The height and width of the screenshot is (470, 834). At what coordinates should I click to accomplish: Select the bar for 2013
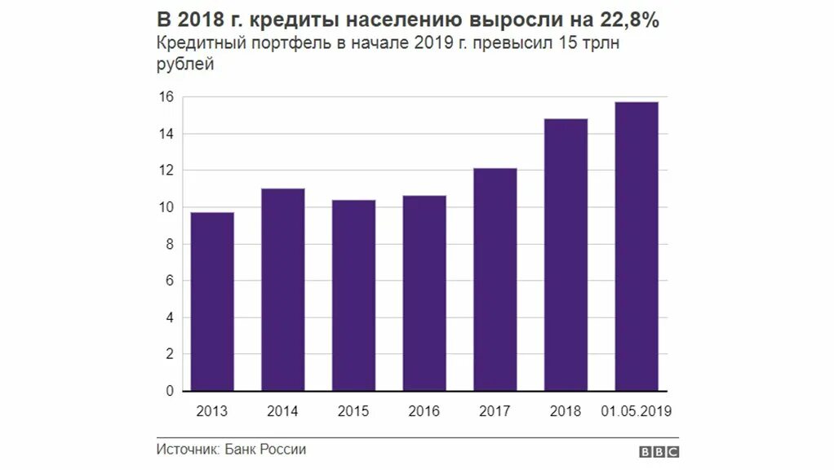point(212,302)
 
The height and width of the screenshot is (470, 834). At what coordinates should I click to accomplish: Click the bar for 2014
point(282,290)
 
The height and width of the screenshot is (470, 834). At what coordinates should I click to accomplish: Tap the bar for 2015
point(353,295)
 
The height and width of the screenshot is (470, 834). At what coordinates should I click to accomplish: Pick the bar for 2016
point(424,293)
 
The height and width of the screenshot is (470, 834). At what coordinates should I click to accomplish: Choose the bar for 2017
point(495,279)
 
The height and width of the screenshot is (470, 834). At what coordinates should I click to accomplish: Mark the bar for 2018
point(566,255)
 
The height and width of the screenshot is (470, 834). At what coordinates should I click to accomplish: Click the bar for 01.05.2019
point(636,246)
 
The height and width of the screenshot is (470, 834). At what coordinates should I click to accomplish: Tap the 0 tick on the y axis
point(170,392)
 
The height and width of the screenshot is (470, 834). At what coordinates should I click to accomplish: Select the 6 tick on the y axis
point(170,282)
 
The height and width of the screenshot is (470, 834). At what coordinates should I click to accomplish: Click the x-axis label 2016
point(424,411)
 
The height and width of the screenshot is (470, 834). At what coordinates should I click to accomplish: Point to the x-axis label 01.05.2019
point(636,411)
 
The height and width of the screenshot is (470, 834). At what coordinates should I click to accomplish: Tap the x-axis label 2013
point(212,411)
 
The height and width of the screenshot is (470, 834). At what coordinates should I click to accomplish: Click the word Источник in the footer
point(186,450)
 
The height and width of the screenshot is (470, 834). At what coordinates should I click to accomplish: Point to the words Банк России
point(265,450)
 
